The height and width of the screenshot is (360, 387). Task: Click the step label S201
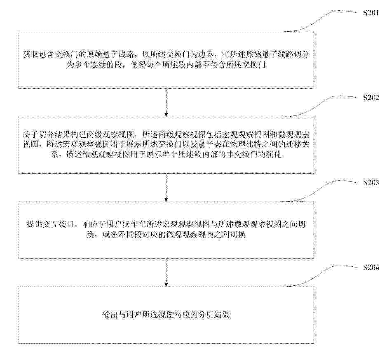tap(371, 13)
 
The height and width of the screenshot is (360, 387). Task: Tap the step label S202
tap(371, 98)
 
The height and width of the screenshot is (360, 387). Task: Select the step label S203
tap(371, 182)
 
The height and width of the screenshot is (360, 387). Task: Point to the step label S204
tap(371, 267)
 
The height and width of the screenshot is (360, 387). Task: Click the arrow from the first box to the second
tap(166, 102)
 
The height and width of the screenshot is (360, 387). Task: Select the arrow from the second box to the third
tap(166, 187)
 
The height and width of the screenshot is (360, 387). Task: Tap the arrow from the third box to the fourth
tap(166, 272)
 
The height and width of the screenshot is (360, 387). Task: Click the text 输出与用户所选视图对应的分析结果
tap(166, 315)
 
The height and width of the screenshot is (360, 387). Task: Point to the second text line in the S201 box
tap(166, 65)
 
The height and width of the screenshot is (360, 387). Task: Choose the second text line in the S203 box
tap(166, 234)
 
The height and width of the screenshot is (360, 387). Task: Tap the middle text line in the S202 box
tap(166, 144)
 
